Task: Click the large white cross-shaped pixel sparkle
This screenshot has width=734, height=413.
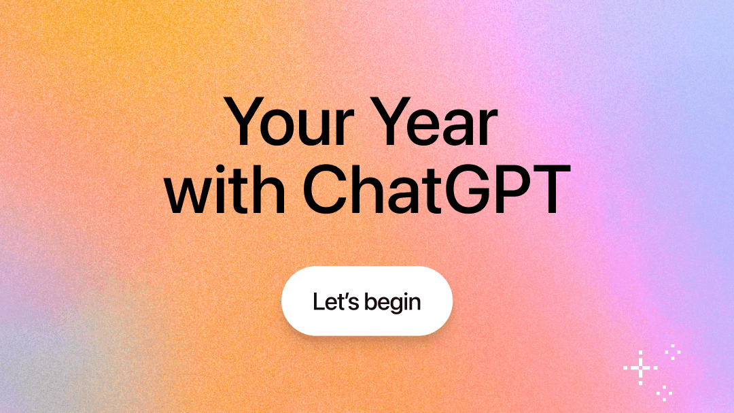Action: click(640, 368)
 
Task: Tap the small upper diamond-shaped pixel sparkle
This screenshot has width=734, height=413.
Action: click(673, 352)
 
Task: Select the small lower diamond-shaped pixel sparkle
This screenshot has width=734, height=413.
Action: click(664, 392)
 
